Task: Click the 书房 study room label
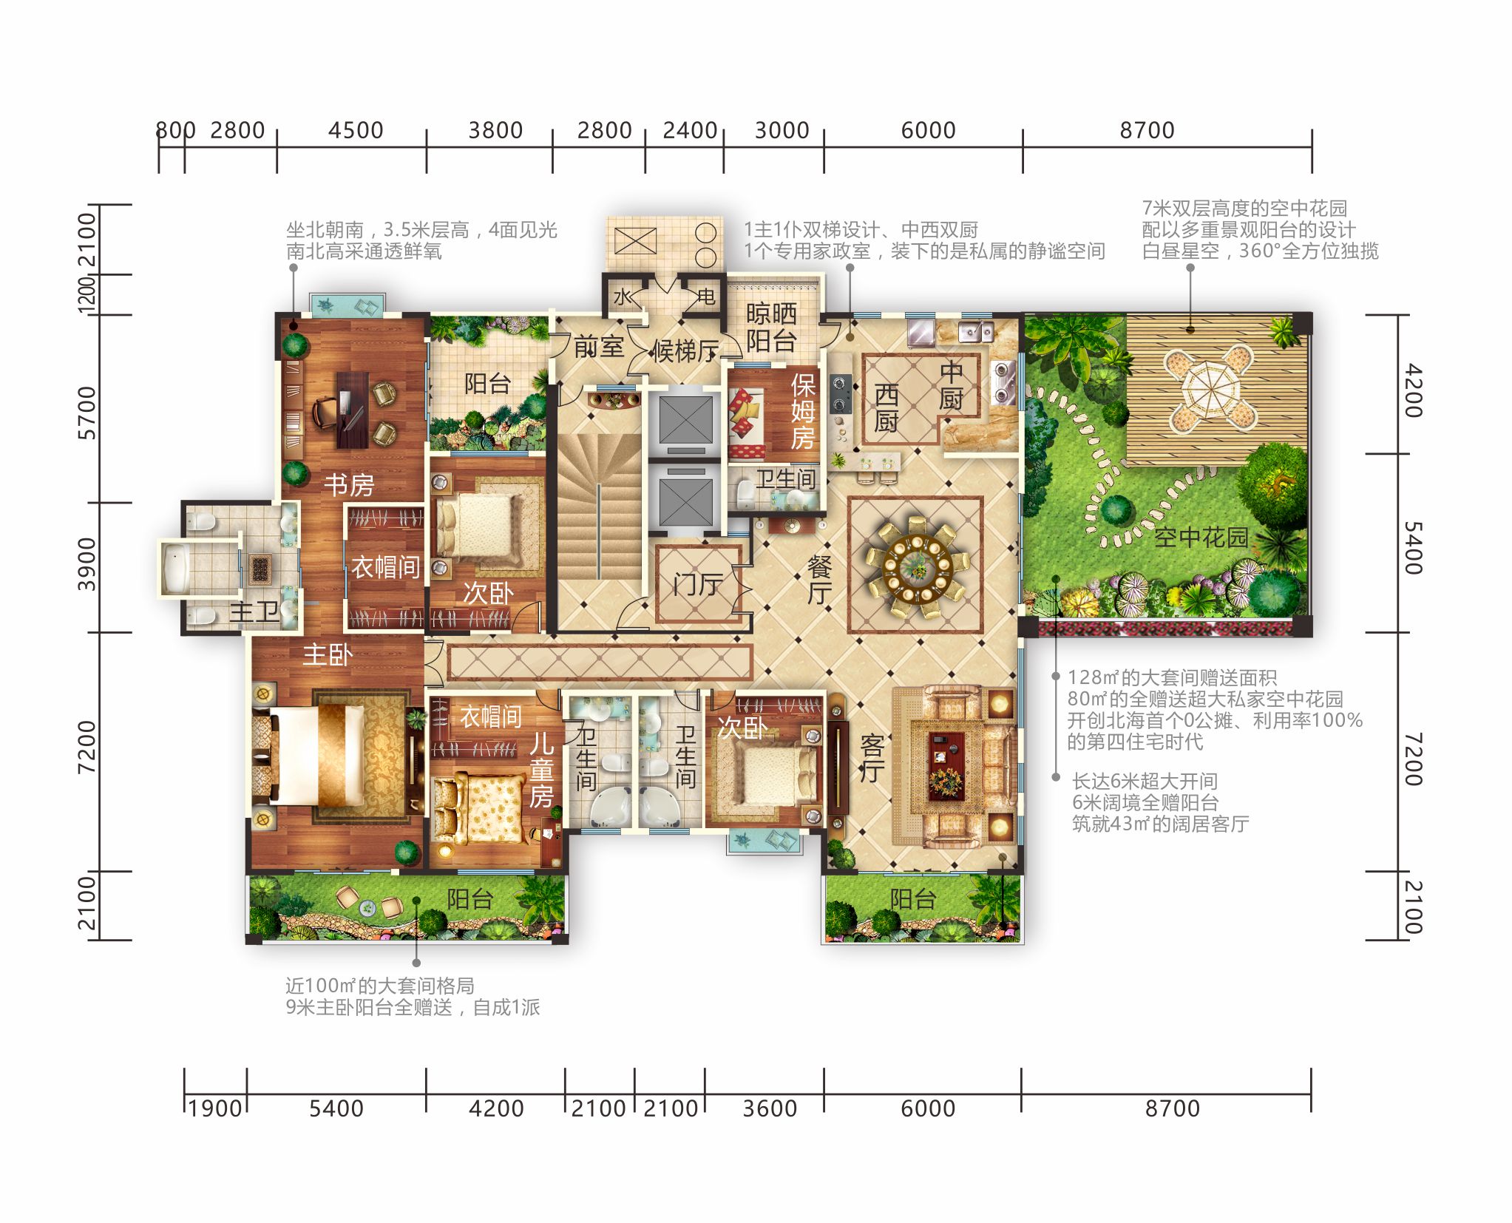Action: point(349,485)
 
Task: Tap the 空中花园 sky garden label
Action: point(1201,538)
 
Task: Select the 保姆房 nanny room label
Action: point(803,411)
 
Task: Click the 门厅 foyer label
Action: point(698,584)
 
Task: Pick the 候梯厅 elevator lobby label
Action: point(685,351)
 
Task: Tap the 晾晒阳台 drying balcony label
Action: point(771,328)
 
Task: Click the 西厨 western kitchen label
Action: point(886,407)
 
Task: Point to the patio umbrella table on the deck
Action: point(1210,388)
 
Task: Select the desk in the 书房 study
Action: point(353,410)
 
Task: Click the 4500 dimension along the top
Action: point(356,130)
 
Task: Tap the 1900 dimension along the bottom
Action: point(215,1108)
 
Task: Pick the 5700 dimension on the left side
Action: point(87,413)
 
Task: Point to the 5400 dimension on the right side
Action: point(1413,548)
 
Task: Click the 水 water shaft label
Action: point(623,297)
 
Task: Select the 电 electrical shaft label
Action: point(706,297)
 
